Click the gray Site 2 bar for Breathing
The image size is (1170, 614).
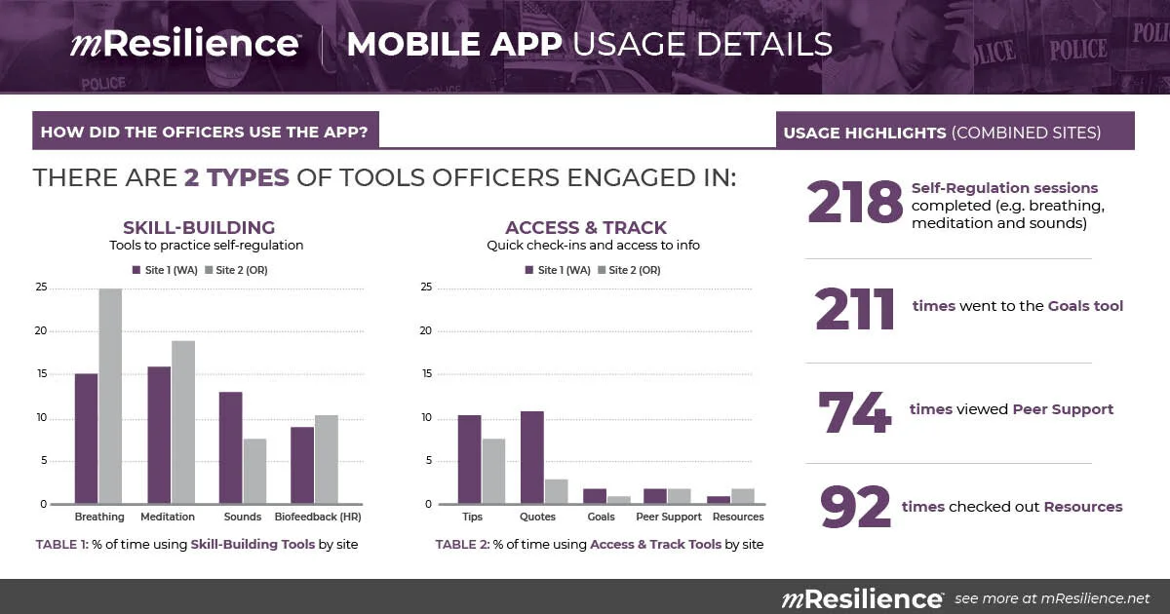(110, 397)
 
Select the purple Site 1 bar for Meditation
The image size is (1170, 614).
(159, 436)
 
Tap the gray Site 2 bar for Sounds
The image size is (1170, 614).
(254, 472)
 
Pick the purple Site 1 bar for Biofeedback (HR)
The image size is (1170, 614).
(302, 466)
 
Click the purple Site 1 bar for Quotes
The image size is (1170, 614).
(532, 458)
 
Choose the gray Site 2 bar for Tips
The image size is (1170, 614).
(493, 472)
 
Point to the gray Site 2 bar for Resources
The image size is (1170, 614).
(743, 496)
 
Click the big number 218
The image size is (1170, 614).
(854, 202)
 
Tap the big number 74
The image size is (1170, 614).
(854, 412)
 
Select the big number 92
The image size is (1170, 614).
(855, 507)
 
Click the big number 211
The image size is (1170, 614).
(854, 309)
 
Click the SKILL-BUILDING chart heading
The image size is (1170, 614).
(199, 228)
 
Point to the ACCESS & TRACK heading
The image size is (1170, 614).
(586, 228)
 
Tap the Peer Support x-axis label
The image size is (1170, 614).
(669, 517)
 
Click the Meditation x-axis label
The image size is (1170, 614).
(168, 517)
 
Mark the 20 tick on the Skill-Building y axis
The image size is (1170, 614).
(41, 331)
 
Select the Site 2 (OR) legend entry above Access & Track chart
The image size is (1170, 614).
(629, 270)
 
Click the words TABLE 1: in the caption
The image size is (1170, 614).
(62, 545)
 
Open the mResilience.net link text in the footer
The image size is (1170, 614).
(1095, 598)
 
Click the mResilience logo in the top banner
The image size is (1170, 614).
(185, 43)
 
